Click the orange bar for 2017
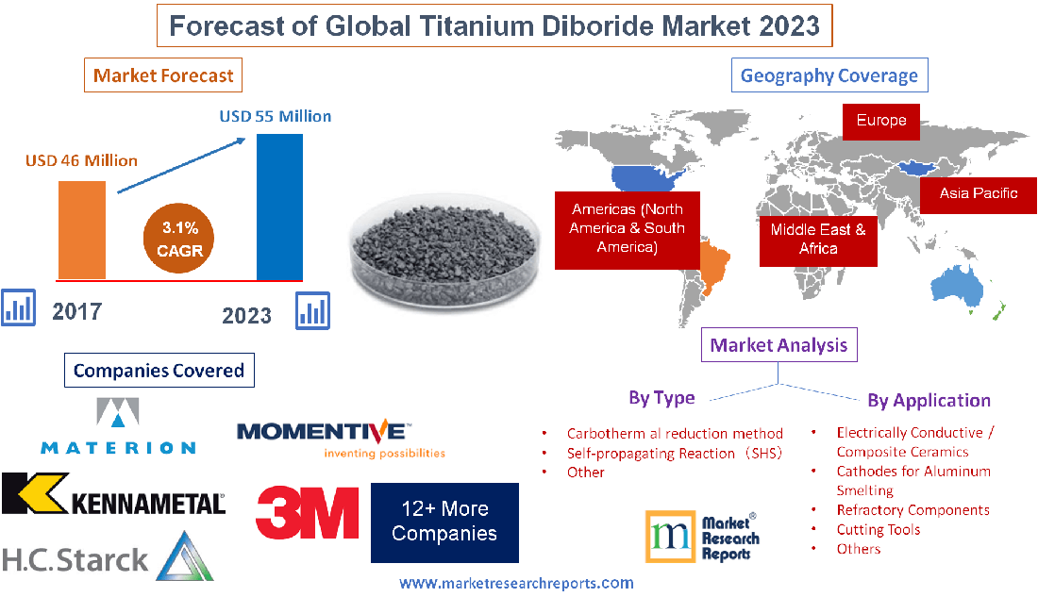point(81,229)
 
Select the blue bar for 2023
point(279,207)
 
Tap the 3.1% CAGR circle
point(180,240)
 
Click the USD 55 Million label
point(275,116)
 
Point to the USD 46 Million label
point(81,160)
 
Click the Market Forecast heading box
point(164,75)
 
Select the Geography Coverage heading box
point(829,75)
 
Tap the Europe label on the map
point(880,121)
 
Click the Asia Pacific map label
point(978,193)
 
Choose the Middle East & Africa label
point(817,239)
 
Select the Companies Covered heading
point(159,371)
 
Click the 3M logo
point(307,512)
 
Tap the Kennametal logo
point(113,494)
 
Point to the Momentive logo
point(325,439)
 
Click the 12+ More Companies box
point(444,521)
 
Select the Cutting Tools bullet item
point(878,529)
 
